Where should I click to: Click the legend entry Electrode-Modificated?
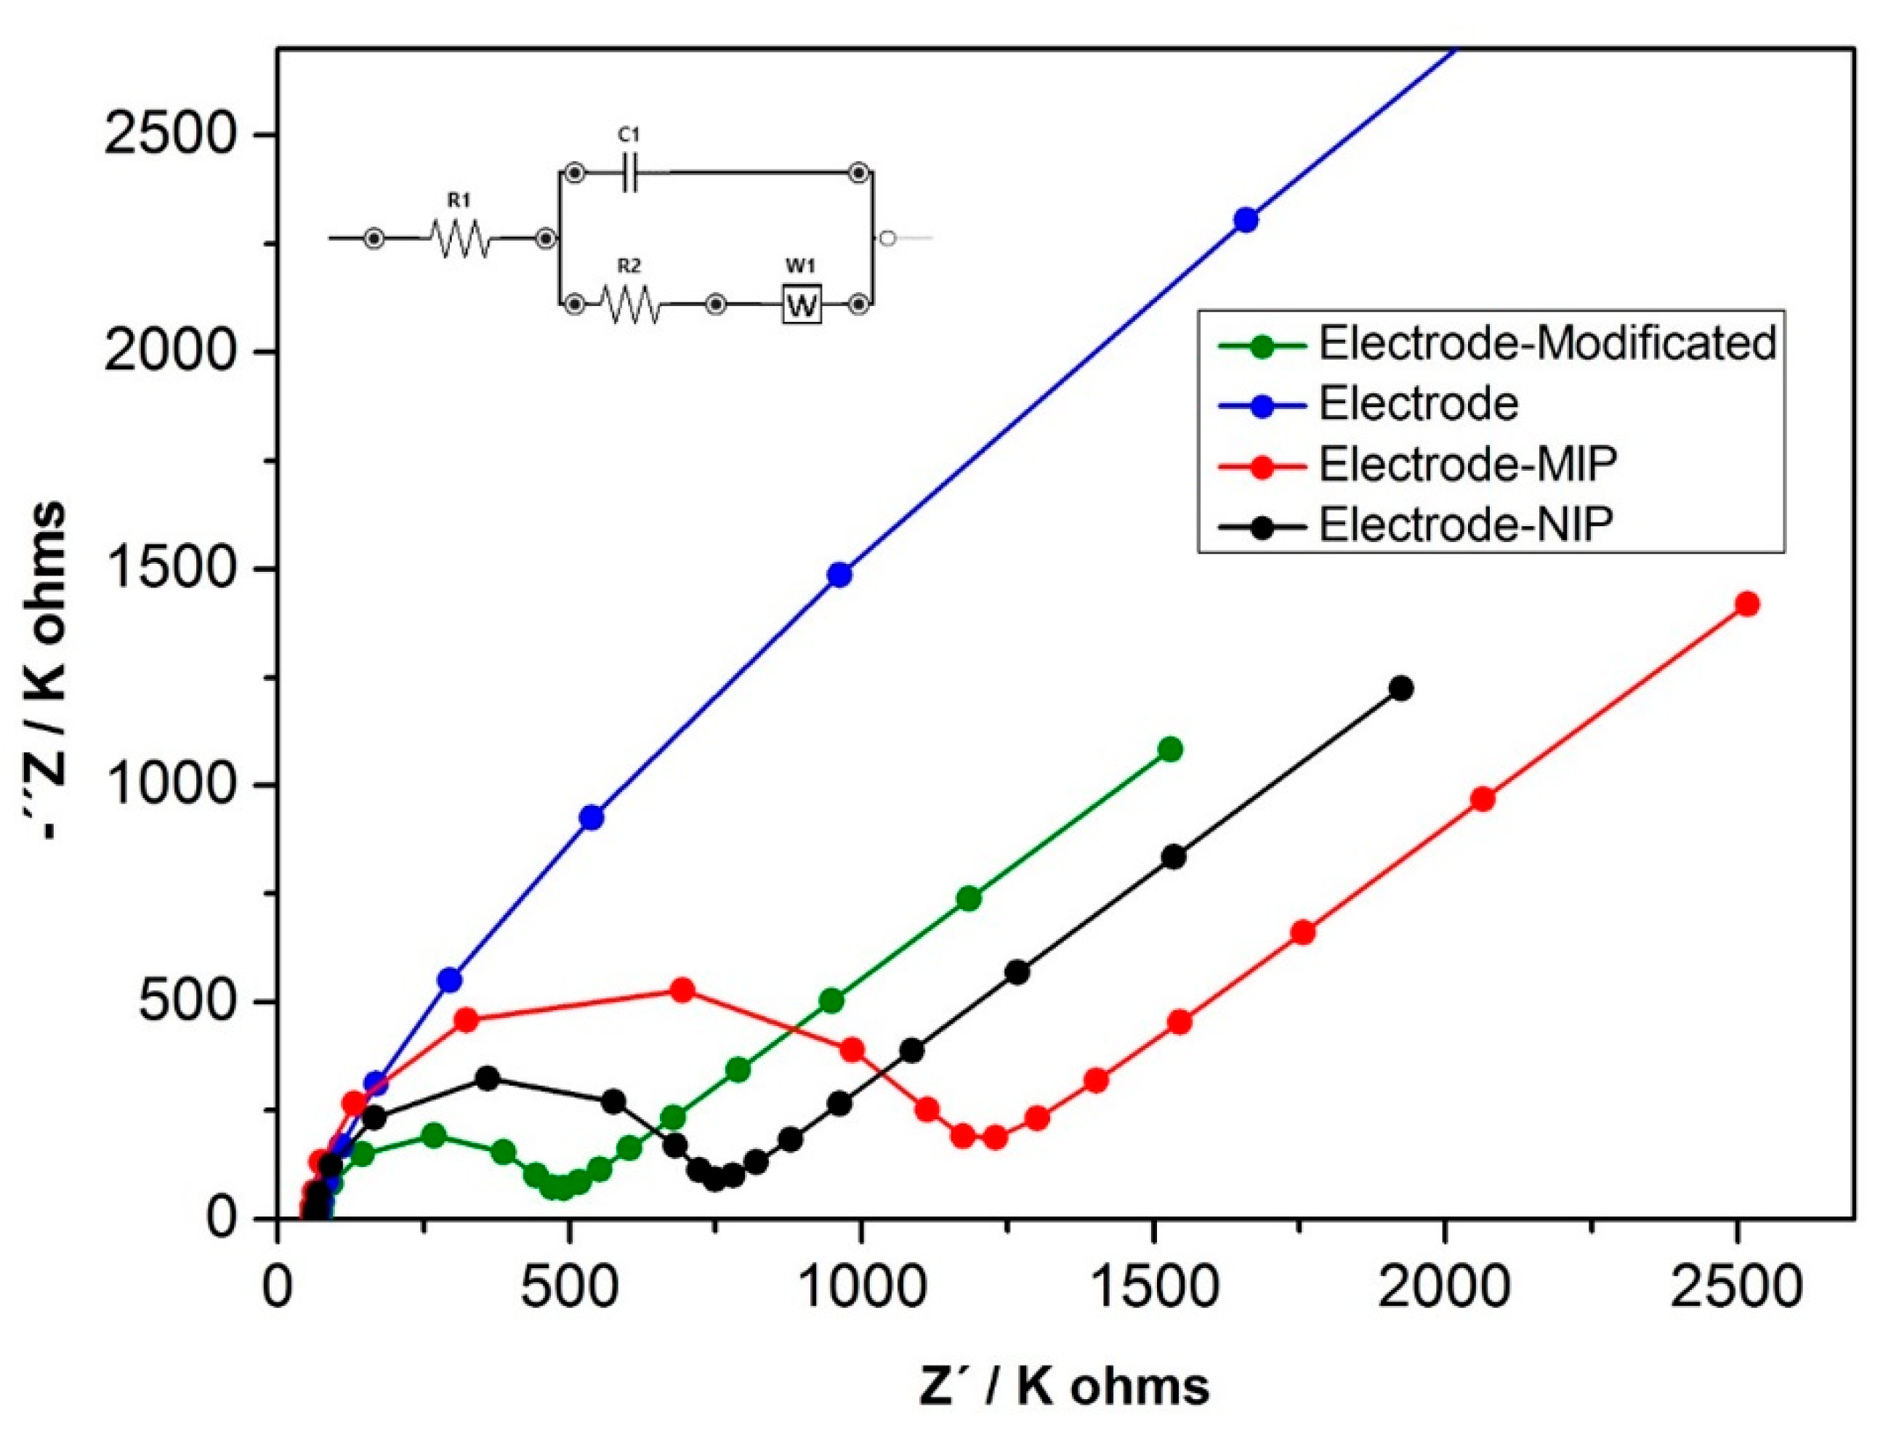pyautogui.click(x=1547, y=343)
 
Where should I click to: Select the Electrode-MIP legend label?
pyautogui.click(x=1467, y=464)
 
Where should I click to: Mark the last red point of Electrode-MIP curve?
pyautogui.click(x=1746, y=604)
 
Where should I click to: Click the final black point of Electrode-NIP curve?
pyautogui.click(x=1401, y=689)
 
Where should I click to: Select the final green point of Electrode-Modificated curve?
pyautogui.click(x=1170, y=749)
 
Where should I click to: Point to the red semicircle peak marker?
pyautogui.click(x=682, y=991)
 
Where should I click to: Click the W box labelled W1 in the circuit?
pyautogui.click(x=801, y=304)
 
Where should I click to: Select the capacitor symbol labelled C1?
pyautogui.click(x=629, y=173)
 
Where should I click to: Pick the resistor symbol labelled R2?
pyautogui.click(x=630, y=304)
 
